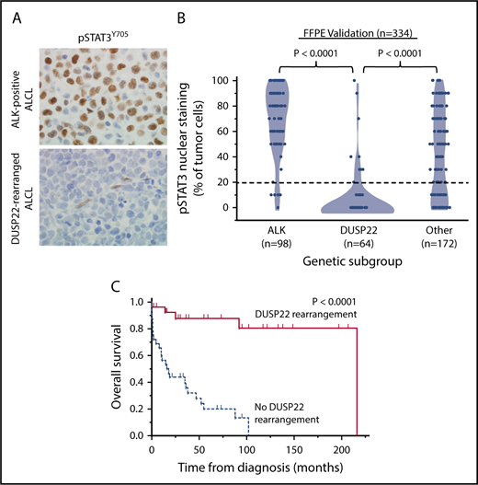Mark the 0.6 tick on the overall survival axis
(x=140, y=354)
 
